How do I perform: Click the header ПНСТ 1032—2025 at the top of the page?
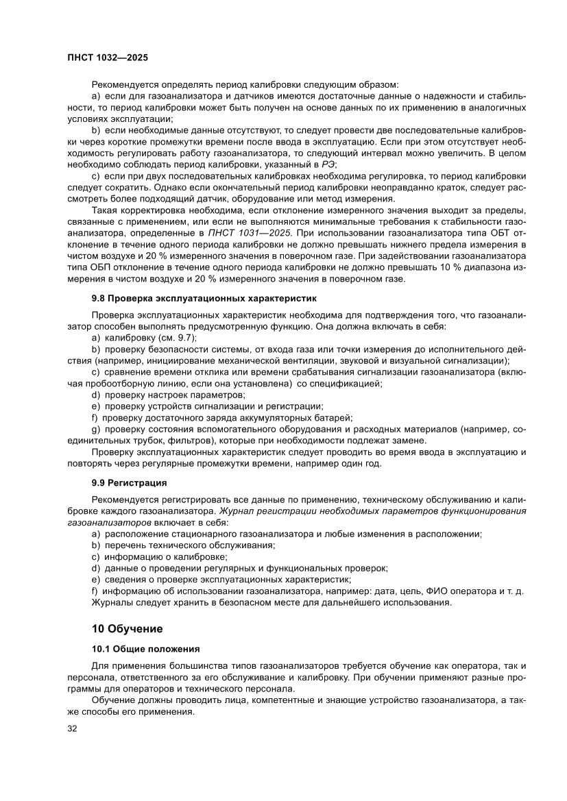pyautogui.click(x=108, y=59)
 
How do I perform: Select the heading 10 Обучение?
pyautogui.click(x=127, y=628)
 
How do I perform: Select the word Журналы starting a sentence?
pyautogui.click(x=111, y=603)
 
